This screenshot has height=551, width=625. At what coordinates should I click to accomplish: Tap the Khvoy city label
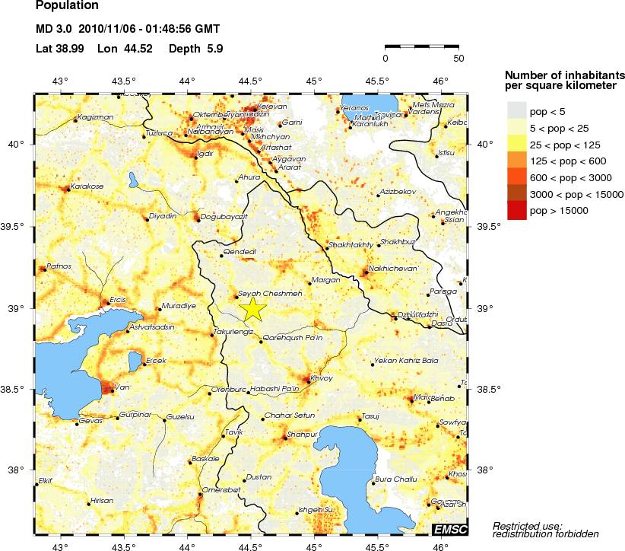(x=322, y=377)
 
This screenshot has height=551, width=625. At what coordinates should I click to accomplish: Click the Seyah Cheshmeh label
(x=271, y=293)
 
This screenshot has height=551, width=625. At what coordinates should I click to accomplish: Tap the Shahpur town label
(x=302, y=434)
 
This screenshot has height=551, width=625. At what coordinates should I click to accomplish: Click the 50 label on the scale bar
(x=458, y=58)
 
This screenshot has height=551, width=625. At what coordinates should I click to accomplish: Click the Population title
(x=67, y=6)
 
